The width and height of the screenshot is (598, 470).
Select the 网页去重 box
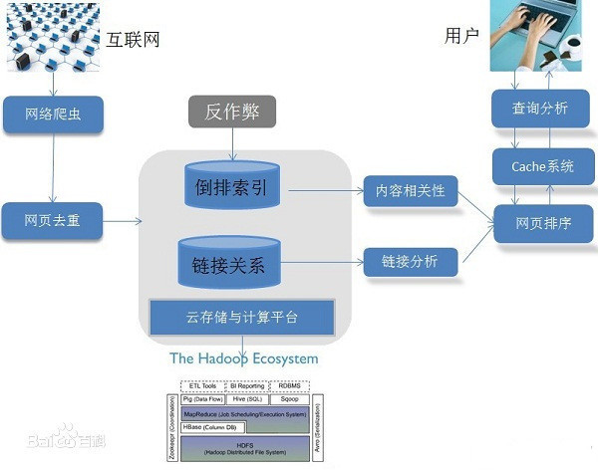click(53, 220)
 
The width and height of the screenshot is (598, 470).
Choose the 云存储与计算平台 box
click(241, 318)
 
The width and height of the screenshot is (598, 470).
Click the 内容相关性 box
click(411, 189)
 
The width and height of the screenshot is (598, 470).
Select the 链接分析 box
click(411, 261)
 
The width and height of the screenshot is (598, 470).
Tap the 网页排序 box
click(544, 223)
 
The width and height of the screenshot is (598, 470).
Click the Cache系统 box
click(542, 166)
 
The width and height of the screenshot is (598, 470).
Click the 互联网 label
click(134, 40)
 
